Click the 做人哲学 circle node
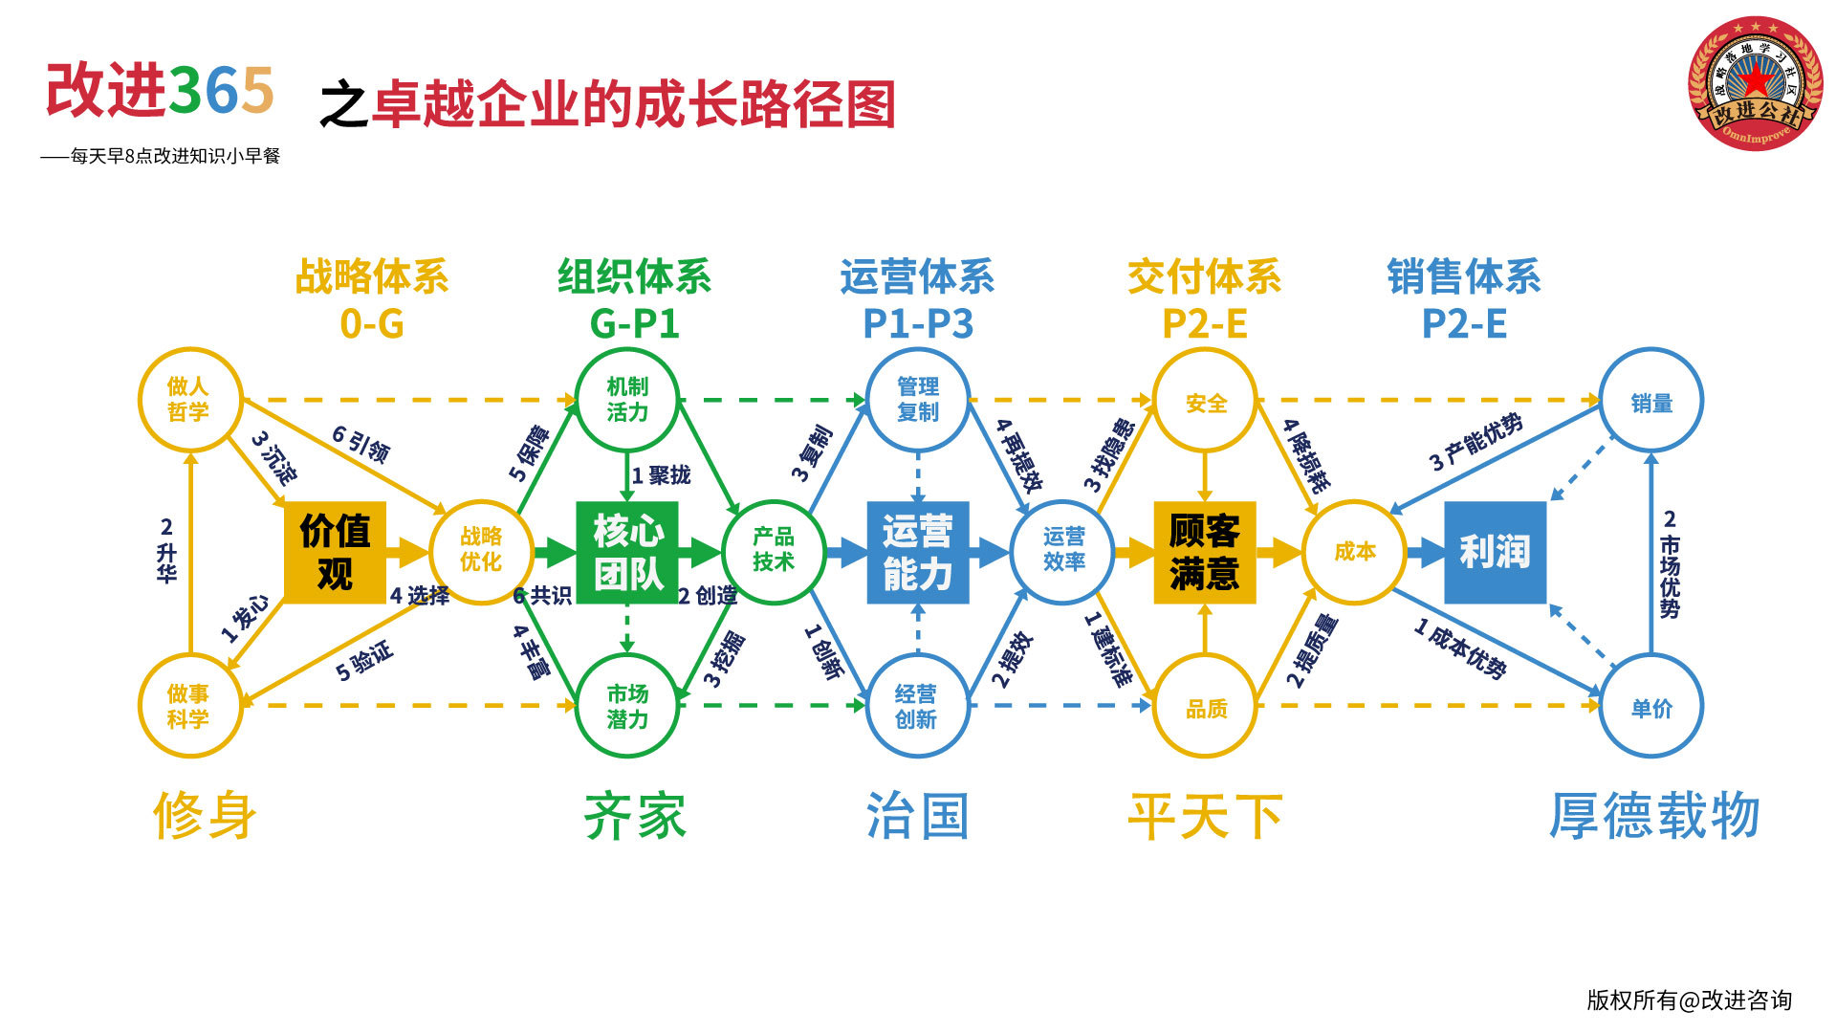(188, 399)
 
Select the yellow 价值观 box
(335, 552)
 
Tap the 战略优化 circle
(481, 551)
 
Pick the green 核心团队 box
(627, 552)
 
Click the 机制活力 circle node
(627, 399)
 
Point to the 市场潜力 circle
(627, 706)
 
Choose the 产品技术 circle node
(774, 551)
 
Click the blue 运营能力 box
(917, 552)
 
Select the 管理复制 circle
(918, 399)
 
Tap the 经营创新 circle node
(917, 706)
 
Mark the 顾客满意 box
(1204, 552)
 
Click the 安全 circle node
(1205, 402)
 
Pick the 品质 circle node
(1205, 708)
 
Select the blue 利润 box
(1495, 552)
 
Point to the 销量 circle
(1651, 402)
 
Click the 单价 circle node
(1651, 708)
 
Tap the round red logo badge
(1756, 83)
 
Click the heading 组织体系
(635, 277)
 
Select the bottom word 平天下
(1205, 817)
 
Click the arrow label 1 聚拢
(661, 475)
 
